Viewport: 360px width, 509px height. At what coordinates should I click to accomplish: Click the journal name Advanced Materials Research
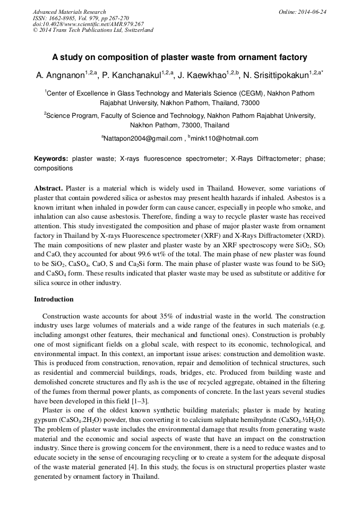pos(69,12)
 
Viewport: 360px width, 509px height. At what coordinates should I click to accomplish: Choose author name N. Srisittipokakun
pos(277,75)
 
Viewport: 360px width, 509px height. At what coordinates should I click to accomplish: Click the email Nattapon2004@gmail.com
pos(143,139)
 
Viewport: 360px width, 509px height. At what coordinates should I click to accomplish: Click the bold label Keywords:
pos(51,159)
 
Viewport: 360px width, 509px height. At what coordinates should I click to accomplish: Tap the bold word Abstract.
pos(48,188)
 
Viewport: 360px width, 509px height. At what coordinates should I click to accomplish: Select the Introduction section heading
pos(54,299)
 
